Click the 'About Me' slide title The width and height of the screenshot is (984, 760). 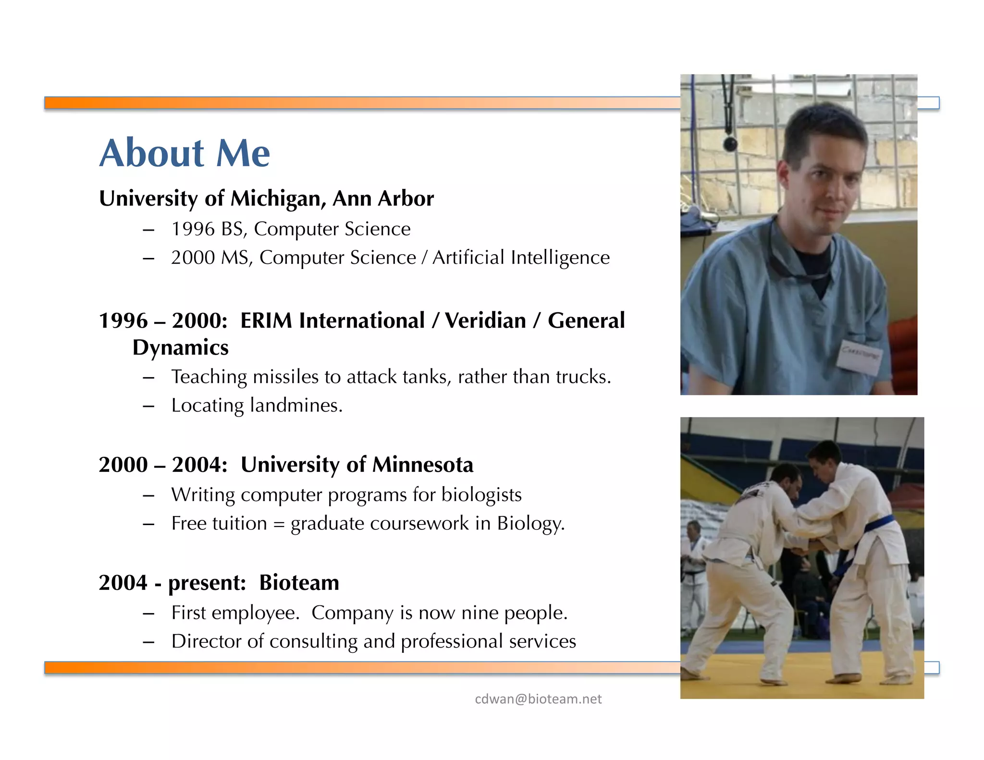184,153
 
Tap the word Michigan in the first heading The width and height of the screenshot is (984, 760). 276,199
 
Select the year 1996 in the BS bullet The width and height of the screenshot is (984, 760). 193,229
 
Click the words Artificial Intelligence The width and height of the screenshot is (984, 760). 521,258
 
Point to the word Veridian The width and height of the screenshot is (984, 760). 485,321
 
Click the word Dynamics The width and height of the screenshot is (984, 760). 180,348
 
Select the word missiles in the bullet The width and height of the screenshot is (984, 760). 285,377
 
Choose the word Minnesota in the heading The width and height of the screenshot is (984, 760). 422,465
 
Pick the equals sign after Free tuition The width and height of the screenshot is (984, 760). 279,524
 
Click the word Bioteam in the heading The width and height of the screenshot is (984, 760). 299,583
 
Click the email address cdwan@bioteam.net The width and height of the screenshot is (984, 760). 538,699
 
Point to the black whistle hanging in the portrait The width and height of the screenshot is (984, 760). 730,143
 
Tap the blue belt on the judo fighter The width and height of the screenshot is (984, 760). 879,524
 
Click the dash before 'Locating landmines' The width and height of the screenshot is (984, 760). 148,406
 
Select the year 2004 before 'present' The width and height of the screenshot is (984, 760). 123,583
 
